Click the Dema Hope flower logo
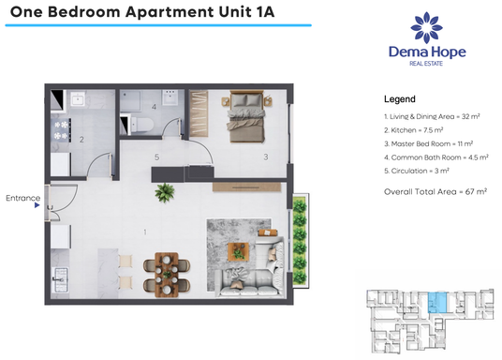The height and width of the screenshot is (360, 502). (427, 27)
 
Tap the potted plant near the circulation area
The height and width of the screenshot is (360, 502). (166, 192)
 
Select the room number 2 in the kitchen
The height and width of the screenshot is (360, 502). (82, 140)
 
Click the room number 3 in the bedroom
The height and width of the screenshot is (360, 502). (266, 157)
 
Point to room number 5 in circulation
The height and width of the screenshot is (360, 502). (158, 157)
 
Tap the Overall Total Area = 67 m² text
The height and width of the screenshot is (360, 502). (436, 190)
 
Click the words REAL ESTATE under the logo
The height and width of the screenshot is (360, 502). (427, 65)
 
